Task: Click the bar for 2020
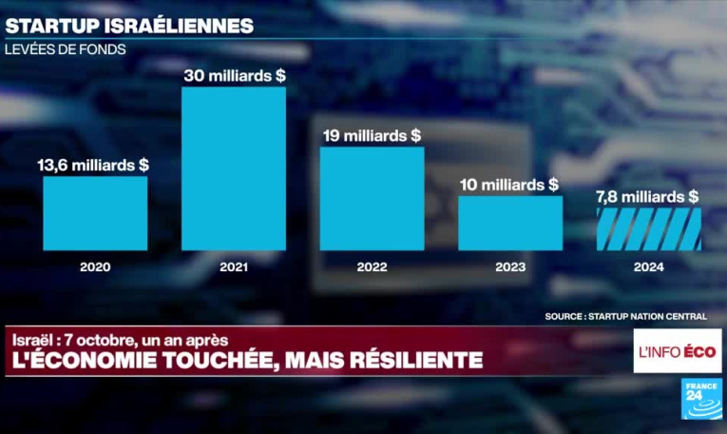point(95,213)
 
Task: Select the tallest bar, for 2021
point(234,168)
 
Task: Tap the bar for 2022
point(372,198)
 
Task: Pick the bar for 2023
point(510,224)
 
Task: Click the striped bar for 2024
point(648,229)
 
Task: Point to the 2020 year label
point(95,267)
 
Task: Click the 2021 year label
point(234,267)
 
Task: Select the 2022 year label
point(372,267)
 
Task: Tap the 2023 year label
point(510,267)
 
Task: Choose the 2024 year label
point(648,267)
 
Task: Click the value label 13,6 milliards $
point(93,165)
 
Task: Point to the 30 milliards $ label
point(234,75)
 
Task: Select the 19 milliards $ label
point(372,135)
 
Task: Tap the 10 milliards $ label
point(510,185)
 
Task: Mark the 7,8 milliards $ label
point(648,196)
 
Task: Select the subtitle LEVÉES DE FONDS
point(66,49)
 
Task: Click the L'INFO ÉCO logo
point(678,352)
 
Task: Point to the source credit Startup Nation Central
point(635,315)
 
